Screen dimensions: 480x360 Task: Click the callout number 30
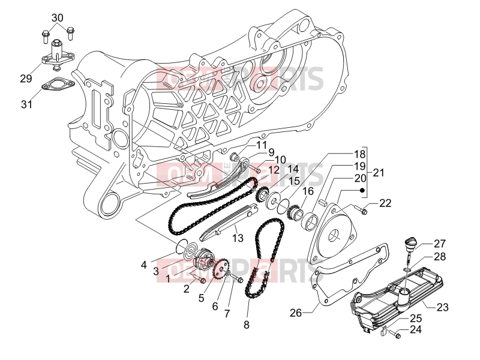(x=57, y=18)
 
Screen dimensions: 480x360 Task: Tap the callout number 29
(x=26, y=79)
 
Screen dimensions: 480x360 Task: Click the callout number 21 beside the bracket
(x=379, y=173)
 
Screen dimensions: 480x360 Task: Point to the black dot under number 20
(x=362, y=190)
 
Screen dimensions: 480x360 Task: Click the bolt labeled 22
(x=361, y=209)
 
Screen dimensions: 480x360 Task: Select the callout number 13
(x=238, y=238)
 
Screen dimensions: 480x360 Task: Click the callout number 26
(x=296, y=313)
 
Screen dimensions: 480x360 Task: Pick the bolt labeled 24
(x=395, y=334)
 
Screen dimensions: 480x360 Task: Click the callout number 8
(x=247, y=325)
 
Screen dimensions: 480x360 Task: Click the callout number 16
(x=308, y=191)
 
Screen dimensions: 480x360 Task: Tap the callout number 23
(x=442, y=307)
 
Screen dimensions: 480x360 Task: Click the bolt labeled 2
(x=200, y=279)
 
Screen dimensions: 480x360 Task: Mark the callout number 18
(x=359, y=154)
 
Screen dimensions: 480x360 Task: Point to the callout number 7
(x=227, y=313)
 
